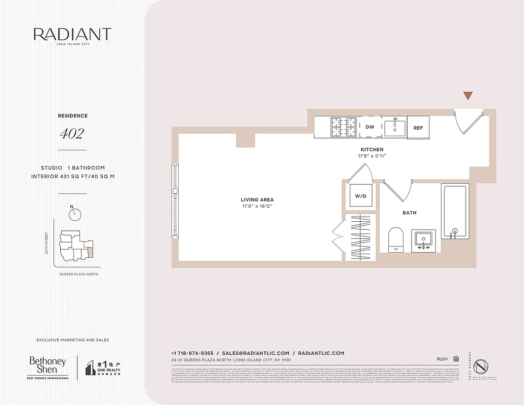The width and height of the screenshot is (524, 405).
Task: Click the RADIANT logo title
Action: pyautogui.click(x=72, y=34)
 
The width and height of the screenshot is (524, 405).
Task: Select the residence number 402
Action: pyautogui.click(x=72, y=134)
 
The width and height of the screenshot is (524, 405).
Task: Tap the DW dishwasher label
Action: pyautogui.click(x=370, y=127)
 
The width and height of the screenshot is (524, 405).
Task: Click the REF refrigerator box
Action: pyautogui.click(x=418, y=128)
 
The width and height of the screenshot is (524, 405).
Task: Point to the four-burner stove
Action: pyautogui.click(x=344, y=127)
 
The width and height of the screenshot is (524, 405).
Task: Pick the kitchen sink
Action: pyautogui.click(x=395, y=128)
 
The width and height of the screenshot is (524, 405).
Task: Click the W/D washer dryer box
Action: pyautogui.click(x=360, y=196)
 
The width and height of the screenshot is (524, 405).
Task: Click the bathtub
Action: pyautogui.click(x=454, y=211)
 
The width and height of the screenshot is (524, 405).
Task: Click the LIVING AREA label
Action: pyautogui.click(x=257, y=200)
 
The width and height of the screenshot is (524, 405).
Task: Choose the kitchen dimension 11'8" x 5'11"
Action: pyautogui.click(x=372, y=156)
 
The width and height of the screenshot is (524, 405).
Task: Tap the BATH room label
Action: pyautogui.click(x=410, y=213)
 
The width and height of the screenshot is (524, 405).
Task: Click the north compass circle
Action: pyautogui.click(x=75, y=214)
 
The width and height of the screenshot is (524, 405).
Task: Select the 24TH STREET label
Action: pyautogui.click(x=47, y=243)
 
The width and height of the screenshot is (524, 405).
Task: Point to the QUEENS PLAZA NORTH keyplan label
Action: pyautogui.click(x=78, y=274)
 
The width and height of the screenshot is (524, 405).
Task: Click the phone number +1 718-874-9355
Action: pyautogui.click(x=192, y=353)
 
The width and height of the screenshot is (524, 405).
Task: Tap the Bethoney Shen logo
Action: pyautogui.click(x=48, y=366)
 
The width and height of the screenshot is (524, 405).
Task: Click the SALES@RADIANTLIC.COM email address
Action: pyautogui.click(x=256, y=353)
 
